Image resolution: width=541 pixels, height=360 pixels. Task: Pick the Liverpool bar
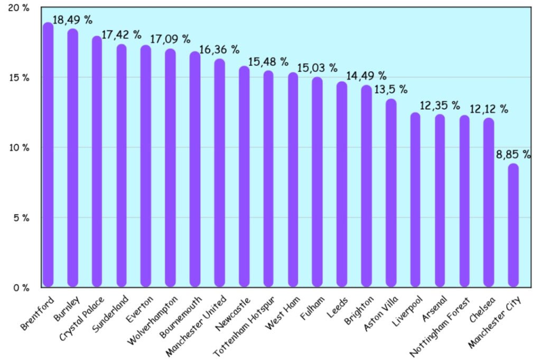coord(415,200)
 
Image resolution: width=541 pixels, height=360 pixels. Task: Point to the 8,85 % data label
coord(513,155)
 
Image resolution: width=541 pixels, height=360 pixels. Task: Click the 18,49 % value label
coord(73,20)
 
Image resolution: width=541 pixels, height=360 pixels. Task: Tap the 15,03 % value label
coord(317,68)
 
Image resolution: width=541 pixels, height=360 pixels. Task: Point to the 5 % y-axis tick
coord(21,217)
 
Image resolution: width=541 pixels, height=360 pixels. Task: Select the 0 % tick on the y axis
coord(21,288)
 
